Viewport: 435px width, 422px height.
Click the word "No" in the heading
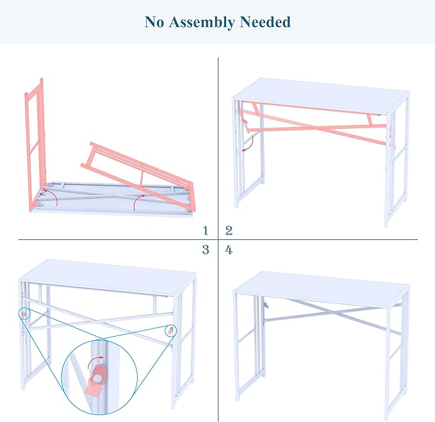tap(155, 22)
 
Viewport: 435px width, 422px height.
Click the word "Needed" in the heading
tap(265, 22)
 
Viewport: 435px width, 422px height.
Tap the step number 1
tap(205, 231)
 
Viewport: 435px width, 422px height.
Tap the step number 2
tap(229, 231)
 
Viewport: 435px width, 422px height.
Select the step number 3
tap(205, 250)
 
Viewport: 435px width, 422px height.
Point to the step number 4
tap(229, 250)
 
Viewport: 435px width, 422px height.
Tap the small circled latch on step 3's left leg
tap(24, 314)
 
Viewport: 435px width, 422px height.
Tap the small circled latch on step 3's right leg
tap(170, 331)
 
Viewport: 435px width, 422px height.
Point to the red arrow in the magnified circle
tap(94, 360)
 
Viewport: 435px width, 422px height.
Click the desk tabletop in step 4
tap(321, 290)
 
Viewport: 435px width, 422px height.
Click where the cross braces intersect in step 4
tap(336, 314)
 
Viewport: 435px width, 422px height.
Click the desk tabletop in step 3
tap(108, 278)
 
